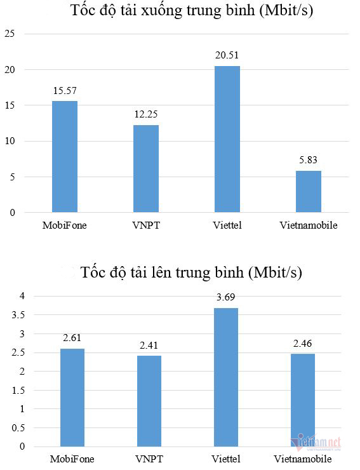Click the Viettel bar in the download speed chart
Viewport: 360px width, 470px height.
tap(227, 138)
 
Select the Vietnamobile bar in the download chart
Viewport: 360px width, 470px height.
tap(308, 191)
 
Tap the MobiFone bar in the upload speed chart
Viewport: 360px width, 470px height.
tap(72, 398)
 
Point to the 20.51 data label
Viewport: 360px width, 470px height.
tap(227, 56)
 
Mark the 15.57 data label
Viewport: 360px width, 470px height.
tap(64, 91)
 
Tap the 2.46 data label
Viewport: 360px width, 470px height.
tap(303, 344)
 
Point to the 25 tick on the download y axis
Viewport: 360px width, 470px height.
tap(10, 34)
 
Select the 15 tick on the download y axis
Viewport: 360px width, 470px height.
tap(10, 105)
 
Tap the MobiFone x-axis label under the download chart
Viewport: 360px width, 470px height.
tap(64, 225)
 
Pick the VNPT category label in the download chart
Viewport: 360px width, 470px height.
tap(146, 225)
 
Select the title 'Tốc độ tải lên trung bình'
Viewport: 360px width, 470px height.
tap(190, 273)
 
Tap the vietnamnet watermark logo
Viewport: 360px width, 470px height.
tap(317, 442)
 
